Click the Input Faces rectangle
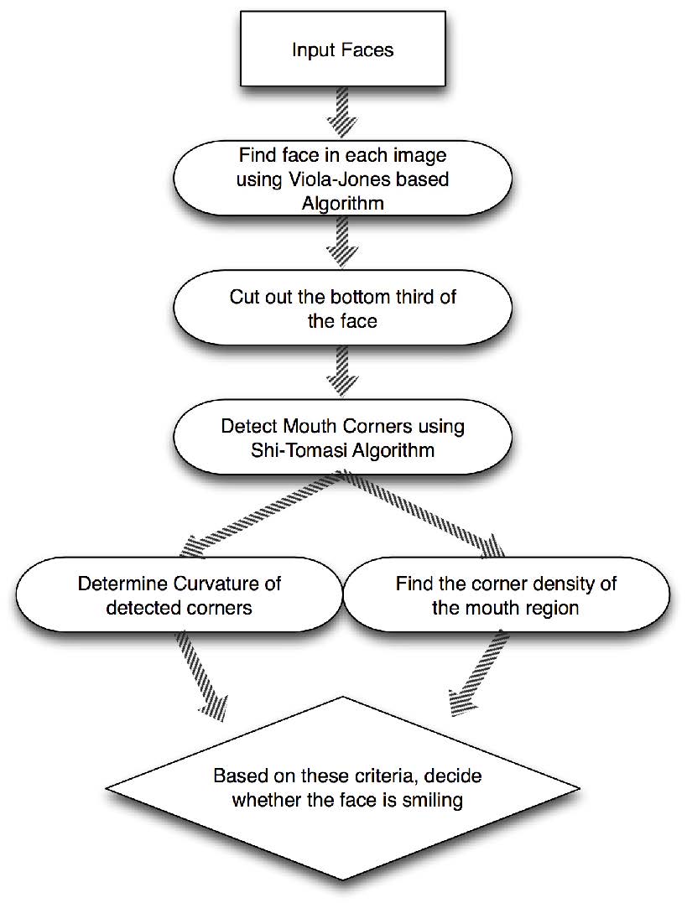(342, 51)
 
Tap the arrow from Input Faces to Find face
(342, 117)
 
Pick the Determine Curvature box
(178, 594)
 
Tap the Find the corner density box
(506, 594)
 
